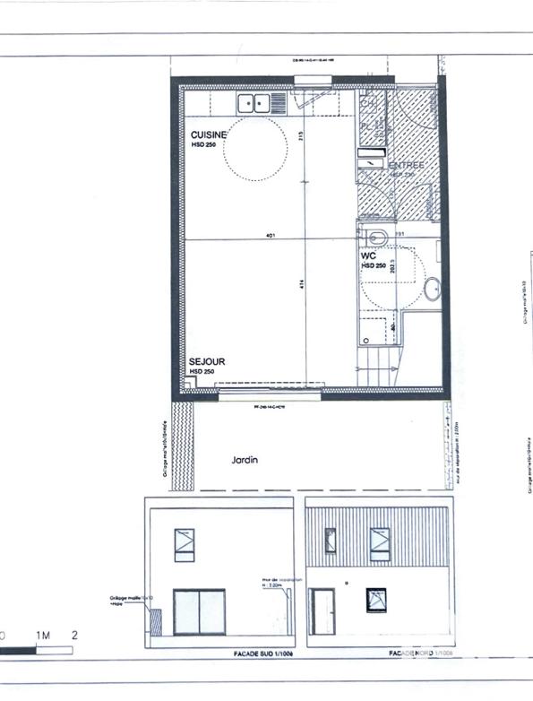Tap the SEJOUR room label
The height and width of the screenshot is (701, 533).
coord(206,361)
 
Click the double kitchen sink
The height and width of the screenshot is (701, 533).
coord(253,102)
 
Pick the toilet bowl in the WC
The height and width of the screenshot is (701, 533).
coord(376,238)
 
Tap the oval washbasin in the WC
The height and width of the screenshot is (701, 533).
coord(432,290)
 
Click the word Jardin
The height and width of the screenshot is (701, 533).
coord(245,460)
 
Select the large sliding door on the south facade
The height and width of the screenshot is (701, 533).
coord(198,611)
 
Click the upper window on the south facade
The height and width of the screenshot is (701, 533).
coord(185,544)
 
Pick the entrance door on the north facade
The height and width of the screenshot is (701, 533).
coord(322,612)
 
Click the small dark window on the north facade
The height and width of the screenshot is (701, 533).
coord(376,601)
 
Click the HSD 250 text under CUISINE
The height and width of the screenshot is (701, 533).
coord(204,143)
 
